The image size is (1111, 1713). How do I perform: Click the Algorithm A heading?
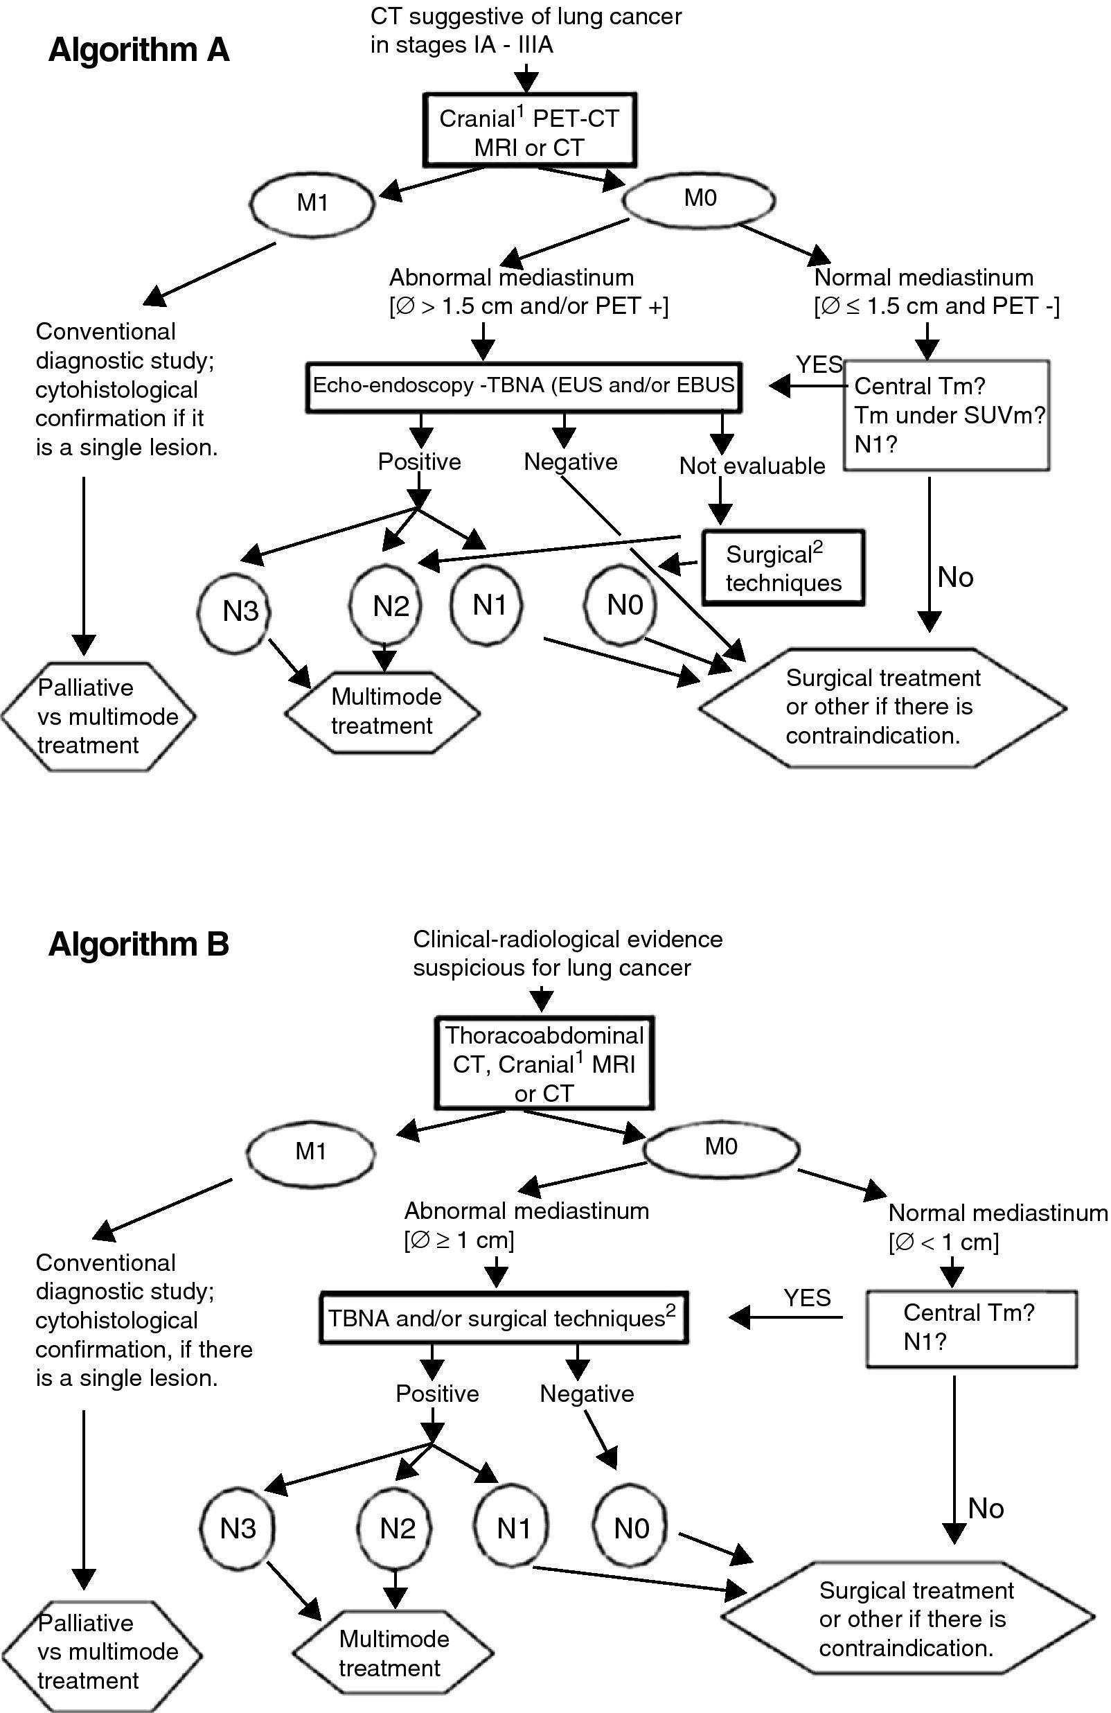(x=138, y=51)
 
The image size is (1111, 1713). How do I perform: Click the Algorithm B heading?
(x=138, y=945)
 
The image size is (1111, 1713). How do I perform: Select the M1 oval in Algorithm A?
(x=312, y=203)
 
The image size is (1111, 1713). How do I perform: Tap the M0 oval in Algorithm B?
(x=721, y=1147)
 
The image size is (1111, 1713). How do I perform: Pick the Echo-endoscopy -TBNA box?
(x=524, y=387)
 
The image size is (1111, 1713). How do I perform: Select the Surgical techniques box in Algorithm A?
(x=783, y=569)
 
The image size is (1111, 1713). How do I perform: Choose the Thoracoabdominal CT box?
(x=544, y=1064)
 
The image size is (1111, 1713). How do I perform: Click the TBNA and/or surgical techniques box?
(x=504, y=1318)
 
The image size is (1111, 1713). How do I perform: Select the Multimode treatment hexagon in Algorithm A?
(x=383, y=711)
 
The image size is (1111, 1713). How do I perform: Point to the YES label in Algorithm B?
(x=807, y=1298)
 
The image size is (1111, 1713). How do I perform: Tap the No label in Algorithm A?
(x=955, y=577)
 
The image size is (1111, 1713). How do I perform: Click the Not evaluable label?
(x=752, y=466)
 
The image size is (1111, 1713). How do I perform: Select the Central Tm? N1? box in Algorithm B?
(x=970, y=1327)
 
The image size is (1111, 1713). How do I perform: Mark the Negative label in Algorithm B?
(x=587, y=1394)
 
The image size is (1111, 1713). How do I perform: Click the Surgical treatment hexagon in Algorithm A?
(x=882, y=707)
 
